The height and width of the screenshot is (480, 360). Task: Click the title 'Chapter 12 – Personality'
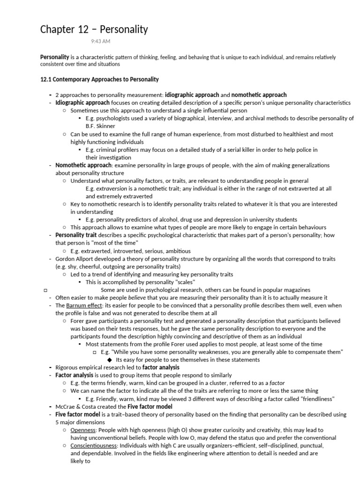(94, 30)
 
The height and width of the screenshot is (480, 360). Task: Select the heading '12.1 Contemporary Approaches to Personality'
(99, 79)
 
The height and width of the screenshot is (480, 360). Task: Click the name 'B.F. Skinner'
(100, 126)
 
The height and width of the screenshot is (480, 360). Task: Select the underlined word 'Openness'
(83, 430)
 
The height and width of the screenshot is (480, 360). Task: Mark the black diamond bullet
(110, 360)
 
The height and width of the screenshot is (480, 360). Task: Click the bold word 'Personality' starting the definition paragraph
(54, 57)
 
